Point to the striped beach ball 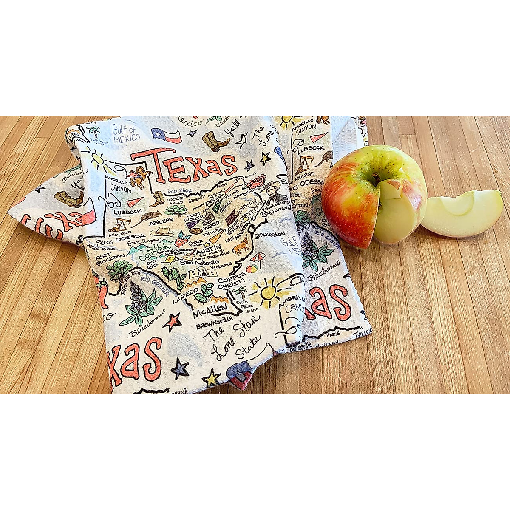coord(252,269)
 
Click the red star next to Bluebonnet coord(172,321)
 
